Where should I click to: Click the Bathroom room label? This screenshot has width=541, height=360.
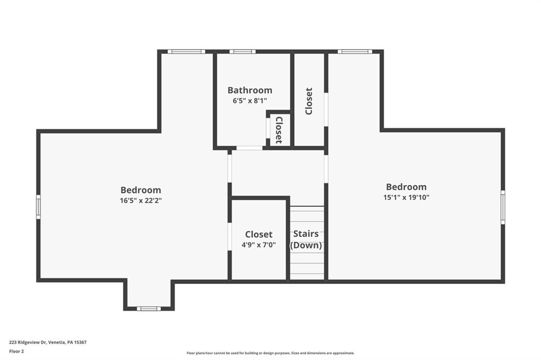[x=250, y=90]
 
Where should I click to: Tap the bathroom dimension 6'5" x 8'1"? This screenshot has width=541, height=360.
[x=250, y=100]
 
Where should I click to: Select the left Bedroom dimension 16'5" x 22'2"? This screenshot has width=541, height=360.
[x=141, y=201]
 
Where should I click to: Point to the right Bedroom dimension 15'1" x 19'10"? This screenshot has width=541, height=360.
[x=406, y=197]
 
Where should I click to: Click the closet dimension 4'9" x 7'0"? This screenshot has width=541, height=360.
[x=258, y=245]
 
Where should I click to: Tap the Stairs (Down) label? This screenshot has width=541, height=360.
[x=306, y=239]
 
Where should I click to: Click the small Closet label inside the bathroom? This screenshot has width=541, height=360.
[x=278, y=130]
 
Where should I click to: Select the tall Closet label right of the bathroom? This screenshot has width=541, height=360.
[x=309, y=101]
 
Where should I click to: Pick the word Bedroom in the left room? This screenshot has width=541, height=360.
[x=141, y=190]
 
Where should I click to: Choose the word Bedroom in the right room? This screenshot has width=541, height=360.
[x=406, y=187]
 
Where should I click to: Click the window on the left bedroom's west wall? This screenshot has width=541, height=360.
[x=38, y=206]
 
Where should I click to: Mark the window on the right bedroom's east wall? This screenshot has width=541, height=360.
[x=502, y=207]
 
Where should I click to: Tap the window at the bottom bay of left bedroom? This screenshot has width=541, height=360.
[x=148, y=308]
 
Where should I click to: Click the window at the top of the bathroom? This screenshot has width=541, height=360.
[x=242, y=51]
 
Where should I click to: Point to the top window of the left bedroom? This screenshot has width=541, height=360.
[x=186, y=51]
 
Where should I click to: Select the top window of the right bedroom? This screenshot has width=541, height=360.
[x=355, y=51]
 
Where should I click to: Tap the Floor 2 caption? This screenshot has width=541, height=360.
[x=16, y=350]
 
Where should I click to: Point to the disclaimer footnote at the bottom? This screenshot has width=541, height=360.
[x=270, y=353]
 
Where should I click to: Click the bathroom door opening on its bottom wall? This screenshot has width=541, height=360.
[x=249, y=148]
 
